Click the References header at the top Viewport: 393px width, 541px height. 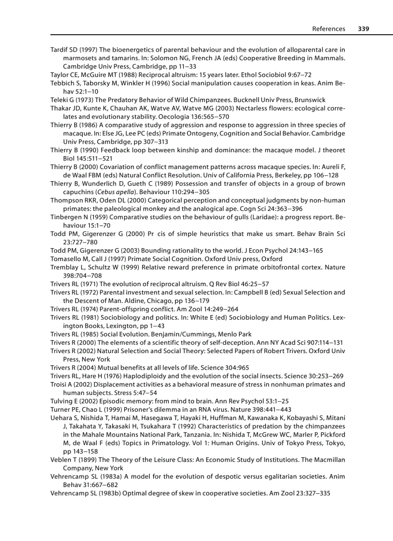pyautogui.click(x=328, y=29)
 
